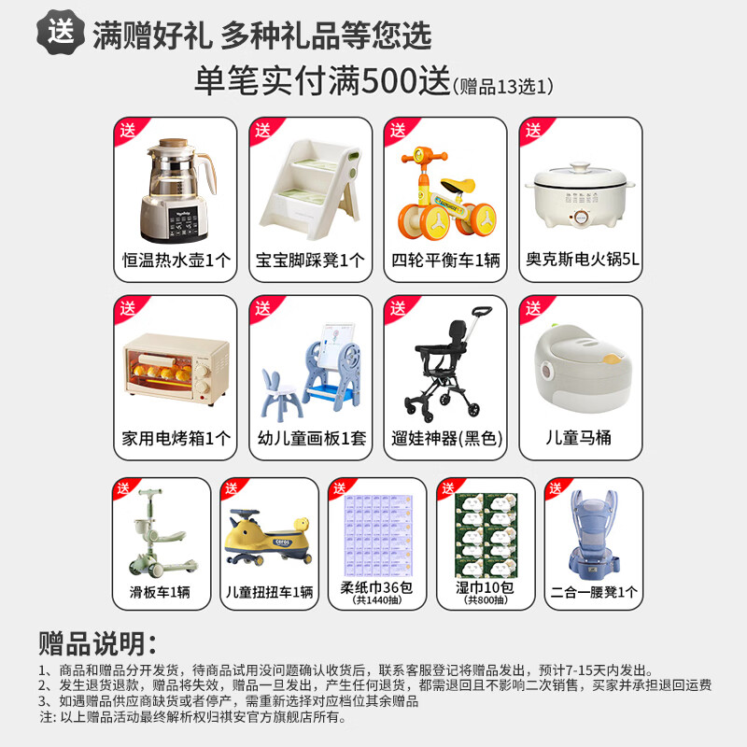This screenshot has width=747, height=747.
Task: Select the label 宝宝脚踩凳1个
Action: (309, 261)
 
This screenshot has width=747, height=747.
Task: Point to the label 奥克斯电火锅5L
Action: (580, 261)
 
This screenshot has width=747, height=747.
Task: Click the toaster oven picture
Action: (175, 371)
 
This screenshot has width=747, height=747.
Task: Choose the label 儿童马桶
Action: (580, 437)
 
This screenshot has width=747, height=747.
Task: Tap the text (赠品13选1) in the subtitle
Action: (505, 87)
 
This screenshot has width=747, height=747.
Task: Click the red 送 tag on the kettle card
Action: (127, 130)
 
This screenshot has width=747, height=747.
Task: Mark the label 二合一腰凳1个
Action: (594, 590)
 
